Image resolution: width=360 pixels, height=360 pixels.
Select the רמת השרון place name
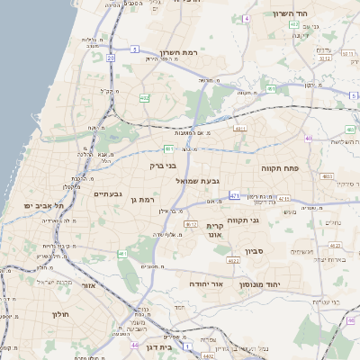coord(178,52)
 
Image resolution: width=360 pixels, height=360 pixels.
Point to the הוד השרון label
coord(290,14)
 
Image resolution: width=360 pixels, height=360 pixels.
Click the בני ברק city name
coord(163,166)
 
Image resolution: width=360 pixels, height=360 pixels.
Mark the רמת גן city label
coord(143,200)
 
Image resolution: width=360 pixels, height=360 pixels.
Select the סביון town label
coord(253,251)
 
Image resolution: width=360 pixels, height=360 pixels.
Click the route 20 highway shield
coord(110,58)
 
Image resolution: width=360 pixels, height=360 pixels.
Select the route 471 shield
coord(235,195)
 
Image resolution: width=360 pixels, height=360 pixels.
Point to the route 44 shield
coord(134,345)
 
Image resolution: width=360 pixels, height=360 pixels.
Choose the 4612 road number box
coord(190,223)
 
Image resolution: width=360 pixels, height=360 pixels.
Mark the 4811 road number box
coord(239,128)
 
